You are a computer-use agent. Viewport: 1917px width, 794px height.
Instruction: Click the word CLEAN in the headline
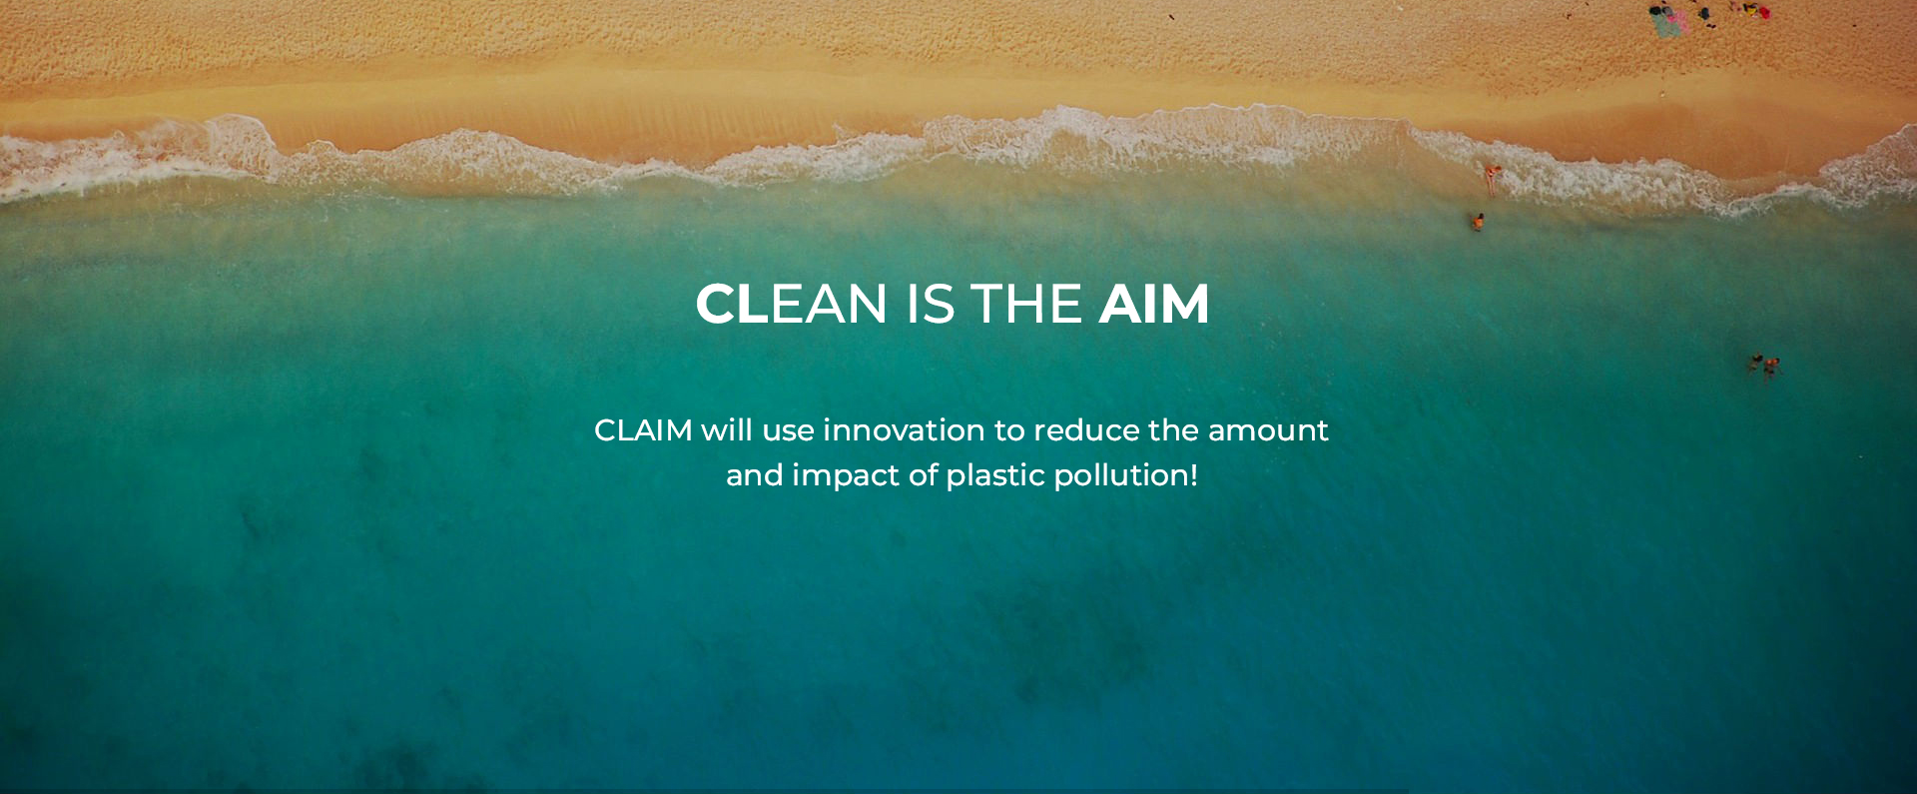pyautogui.click(x=791, y=304)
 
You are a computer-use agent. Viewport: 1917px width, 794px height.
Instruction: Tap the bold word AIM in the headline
pyautogui.click(x=1154, y=304)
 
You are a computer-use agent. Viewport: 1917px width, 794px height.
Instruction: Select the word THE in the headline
pyautogui.click(x=1026, y=304)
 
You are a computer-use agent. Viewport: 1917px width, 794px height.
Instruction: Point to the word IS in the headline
pyautogui.click(x=931, y=304)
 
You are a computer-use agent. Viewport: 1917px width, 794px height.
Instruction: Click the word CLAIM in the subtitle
pyautogui.click(x=643, y=430)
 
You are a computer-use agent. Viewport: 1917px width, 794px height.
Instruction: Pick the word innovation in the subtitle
pyautogui.click(x=904, y=430)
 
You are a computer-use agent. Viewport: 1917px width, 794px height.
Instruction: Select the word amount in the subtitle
pyautogui.click(x=1268, y=431)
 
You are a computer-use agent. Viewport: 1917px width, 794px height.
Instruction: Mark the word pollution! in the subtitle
pyautogui.click(x=1125, y=476)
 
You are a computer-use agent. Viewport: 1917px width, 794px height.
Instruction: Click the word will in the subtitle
pyautogui.click(x=727, y=430)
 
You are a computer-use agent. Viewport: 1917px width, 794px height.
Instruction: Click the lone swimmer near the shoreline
pyautogui.click(x=1477, y=222)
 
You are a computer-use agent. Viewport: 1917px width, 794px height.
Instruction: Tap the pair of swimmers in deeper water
pyautogui.click(x=1764, y=366)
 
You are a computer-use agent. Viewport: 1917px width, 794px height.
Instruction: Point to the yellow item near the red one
pyautogui.click(x=1750, y=9)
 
